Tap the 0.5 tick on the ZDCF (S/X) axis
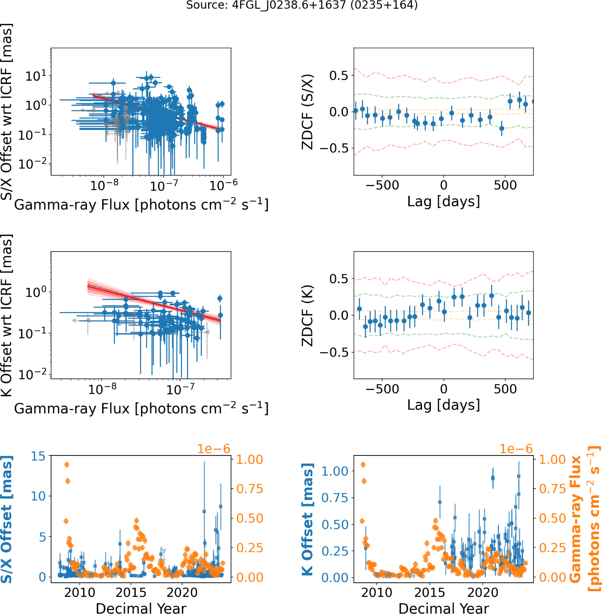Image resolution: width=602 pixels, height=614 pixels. pos(339,76)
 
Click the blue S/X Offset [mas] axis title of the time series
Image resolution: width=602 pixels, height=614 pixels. pos(6,519)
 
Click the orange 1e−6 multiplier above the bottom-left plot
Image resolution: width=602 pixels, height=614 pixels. pos(214,449)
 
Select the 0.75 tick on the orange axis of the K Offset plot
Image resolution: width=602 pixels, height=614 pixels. pos(552,489)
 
